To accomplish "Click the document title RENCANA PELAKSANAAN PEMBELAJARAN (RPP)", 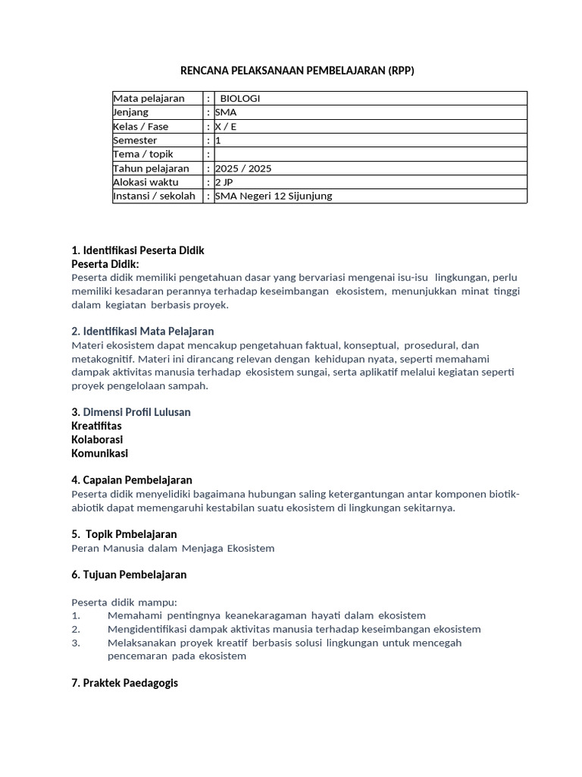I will [297, 71].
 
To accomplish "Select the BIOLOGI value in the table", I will [239, 99].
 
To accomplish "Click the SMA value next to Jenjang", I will [226, 112].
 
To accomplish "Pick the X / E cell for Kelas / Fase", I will [226, 127].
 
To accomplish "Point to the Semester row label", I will [135, 140].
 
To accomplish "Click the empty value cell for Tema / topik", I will [370, 154].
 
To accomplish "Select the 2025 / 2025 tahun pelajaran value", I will [242, 168].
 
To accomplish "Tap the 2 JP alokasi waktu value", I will [224, 182].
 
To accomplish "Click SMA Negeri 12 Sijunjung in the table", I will [274, 196].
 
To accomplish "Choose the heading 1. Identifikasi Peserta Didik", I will [137, 250].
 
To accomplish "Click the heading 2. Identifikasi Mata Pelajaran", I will [142, 331].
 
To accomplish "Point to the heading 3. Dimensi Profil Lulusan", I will [130, 412].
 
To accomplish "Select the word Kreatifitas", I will [96, 426].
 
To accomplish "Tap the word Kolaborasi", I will [97, 439].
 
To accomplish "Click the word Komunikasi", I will [99, 453].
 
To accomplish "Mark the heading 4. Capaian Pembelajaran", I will [132, 480].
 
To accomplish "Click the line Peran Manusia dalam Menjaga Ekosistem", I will [173, 548].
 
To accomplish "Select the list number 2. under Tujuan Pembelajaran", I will [76, 629].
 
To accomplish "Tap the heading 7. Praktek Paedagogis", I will [124, 683].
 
